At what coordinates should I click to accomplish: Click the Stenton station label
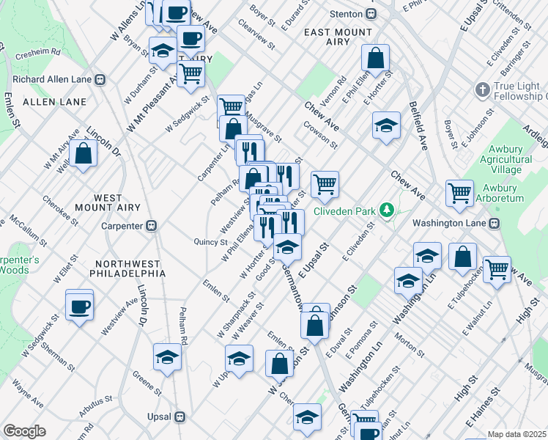(x=348, y=14)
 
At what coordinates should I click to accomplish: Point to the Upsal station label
(x=159, y=417)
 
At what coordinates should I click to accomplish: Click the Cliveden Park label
(x=344, y=211)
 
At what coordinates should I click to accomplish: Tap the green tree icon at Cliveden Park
(x=387, y=211)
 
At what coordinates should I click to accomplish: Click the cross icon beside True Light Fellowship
(x=481, y=89)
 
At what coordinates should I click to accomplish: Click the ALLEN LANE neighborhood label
(x=45, y=101)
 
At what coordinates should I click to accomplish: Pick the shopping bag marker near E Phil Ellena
(x=375, y=60)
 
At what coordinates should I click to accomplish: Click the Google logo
(x=25, y=430)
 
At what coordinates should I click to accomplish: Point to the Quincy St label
(x=211, y=242)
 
